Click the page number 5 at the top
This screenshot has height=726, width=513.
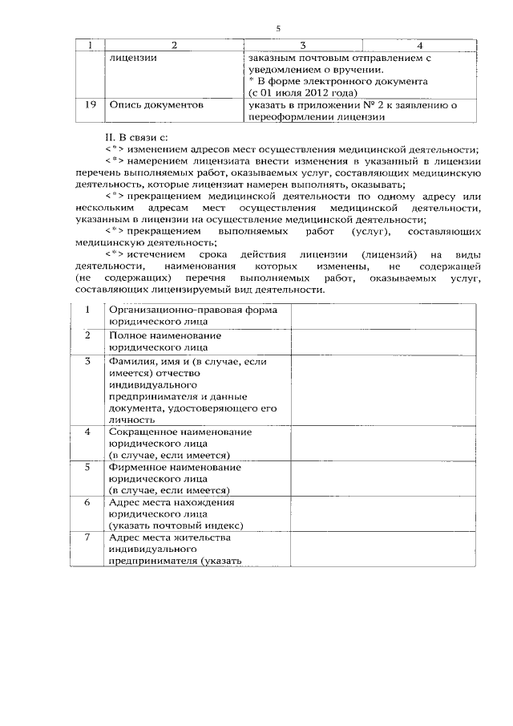tap(277, 28)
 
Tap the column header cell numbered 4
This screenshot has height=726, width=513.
tap(419, 45)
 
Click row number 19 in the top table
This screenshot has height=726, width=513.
tap(90, 104)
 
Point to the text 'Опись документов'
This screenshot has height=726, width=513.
tap(156, 104)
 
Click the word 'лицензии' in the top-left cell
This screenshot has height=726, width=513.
tap(133, 58)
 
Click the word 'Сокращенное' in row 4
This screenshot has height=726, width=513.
tap(146, 432)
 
